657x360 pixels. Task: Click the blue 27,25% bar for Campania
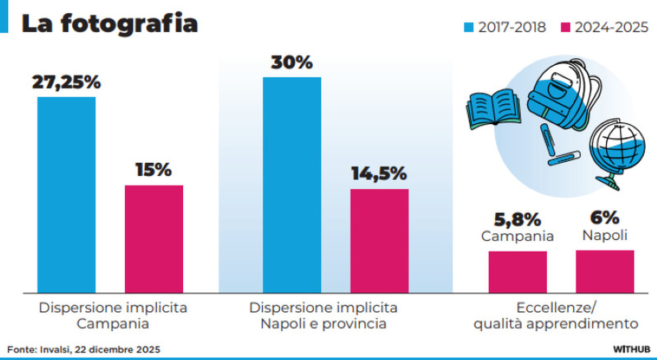[x=67, y=195]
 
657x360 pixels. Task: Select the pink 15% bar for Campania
[x=154, y=239]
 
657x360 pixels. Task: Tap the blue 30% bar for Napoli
[x=292, y=185]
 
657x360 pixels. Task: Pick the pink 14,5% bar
[x=379, y=241]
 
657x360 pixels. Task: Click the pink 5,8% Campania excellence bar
[x=517, y=272]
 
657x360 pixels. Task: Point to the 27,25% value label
[x=67, y=82]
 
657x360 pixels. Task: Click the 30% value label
[x=292, y=63]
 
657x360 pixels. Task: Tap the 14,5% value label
[x=379, y=174]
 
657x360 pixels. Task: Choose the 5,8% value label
[x=517, y=220]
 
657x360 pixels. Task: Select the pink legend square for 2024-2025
[x=565, y=27]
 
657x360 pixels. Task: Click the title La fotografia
[x=110, y=24]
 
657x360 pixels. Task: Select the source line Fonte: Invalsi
[x=84, y=349]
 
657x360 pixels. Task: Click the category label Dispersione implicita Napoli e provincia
[x=323, y=316]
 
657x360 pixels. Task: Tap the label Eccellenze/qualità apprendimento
[x=556, y=316]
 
